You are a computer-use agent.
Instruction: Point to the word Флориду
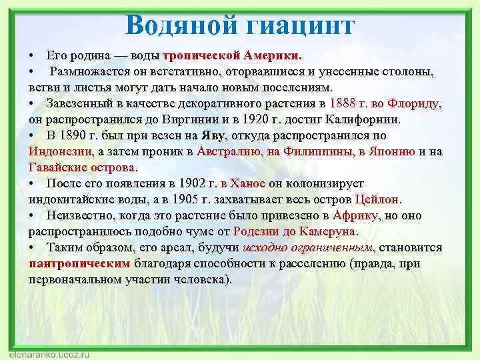point(417,104)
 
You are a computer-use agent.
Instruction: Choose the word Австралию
point(231,151)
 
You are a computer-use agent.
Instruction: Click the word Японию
point(391,151)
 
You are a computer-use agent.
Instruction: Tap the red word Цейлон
point(378,199)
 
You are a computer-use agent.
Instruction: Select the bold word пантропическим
point(79,263)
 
